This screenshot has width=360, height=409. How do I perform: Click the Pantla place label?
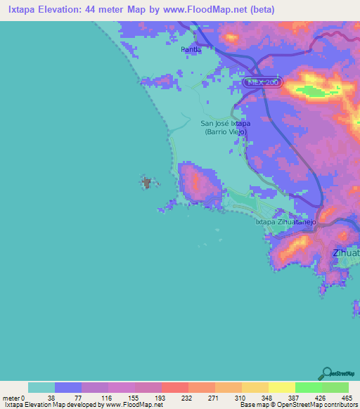[191, 49]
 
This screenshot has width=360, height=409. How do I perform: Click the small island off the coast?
[147, 183]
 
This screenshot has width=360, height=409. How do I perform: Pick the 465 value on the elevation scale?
[347, 398]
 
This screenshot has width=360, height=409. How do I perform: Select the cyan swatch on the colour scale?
[41, 387]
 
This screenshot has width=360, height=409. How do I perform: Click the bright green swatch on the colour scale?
[308, 387]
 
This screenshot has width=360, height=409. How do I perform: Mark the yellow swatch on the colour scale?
[281, 387]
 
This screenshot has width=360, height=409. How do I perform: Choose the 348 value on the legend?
[266, 398]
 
